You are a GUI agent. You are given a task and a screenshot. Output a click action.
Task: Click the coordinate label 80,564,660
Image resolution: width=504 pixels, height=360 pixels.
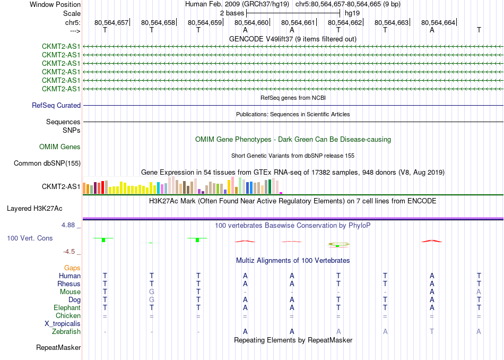(251, 22)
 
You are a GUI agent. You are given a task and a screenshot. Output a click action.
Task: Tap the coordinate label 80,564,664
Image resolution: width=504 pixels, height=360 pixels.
(438, 22)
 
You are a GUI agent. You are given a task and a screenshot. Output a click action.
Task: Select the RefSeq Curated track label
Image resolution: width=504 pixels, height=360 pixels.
(56, 105)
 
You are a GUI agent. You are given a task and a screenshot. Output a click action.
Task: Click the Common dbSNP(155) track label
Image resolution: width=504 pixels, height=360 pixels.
(47, 164)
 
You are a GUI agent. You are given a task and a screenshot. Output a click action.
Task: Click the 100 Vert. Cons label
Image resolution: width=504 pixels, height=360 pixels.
(30, 238)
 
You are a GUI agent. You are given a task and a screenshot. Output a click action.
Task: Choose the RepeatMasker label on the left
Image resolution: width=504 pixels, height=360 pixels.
(58, 348)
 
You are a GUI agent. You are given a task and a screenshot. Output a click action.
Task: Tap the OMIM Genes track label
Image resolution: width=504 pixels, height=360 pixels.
(60, 147)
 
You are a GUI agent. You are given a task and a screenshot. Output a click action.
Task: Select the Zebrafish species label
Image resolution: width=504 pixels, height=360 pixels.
(66, 331)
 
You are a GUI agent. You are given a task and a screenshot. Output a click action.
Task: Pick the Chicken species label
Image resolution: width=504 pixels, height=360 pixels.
(68, 315)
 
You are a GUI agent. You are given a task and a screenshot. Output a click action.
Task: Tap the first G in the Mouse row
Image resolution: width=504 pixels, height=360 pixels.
(152, 292)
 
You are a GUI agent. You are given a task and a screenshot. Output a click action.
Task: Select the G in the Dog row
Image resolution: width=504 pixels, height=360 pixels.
(152, 299)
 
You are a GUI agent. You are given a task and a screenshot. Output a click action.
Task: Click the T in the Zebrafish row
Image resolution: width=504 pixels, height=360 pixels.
(432, 331)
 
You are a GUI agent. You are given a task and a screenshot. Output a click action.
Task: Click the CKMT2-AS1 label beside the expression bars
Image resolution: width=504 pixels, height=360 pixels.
(61, 186)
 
